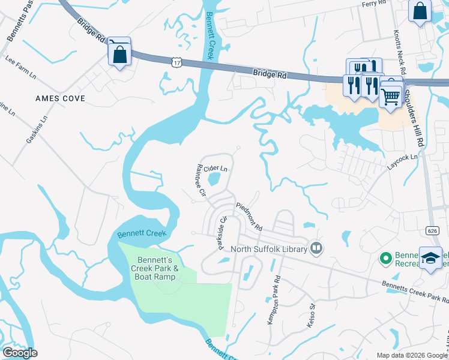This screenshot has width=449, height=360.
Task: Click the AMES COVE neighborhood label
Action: [x=60, y=98]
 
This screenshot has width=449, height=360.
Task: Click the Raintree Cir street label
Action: [x=199, y=181]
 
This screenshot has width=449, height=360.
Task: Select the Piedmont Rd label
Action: [x=249, y=217]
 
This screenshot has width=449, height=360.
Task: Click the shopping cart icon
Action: [x=391, y=96]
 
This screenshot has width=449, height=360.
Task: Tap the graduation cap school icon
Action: [x=430, y=258]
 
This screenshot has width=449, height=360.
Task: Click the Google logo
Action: [x=20, y=353]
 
